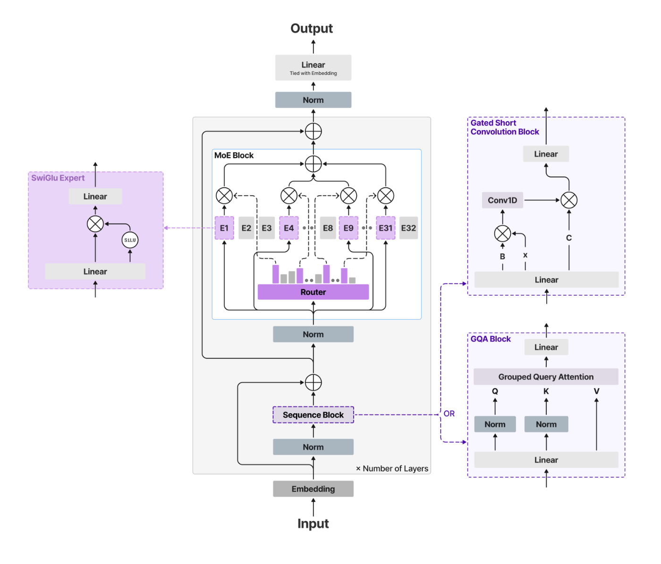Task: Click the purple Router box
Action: pos(313,292)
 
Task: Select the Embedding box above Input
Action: pos(313,489)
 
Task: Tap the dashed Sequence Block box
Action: pos(313,415)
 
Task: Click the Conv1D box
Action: pos(502,200)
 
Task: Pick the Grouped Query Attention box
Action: pos(546,377)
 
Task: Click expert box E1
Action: pos(224,228)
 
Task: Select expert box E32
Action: pos(408,228)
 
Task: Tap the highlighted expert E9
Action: pos(348,228)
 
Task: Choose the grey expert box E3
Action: pos(267,228)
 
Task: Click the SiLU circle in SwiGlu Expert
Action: pos(130,240)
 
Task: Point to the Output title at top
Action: pos(312,29)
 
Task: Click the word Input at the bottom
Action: pos(313,523)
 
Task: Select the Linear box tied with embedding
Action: pos(313,67)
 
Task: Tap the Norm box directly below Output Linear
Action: pos(313,100)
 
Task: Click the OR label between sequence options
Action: pos(449,414)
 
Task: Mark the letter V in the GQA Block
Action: pos(596,391)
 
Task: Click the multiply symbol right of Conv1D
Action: pos(569,200)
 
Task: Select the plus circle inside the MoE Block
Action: pos(313,164)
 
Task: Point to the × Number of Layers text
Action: pos(392,468)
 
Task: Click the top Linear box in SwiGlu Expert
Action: pos(95,197)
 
